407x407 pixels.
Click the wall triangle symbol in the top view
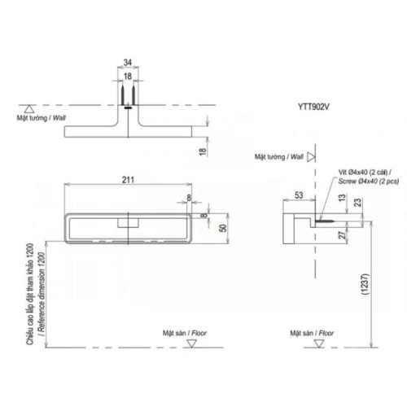28,107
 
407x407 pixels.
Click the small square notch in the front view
129,221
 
